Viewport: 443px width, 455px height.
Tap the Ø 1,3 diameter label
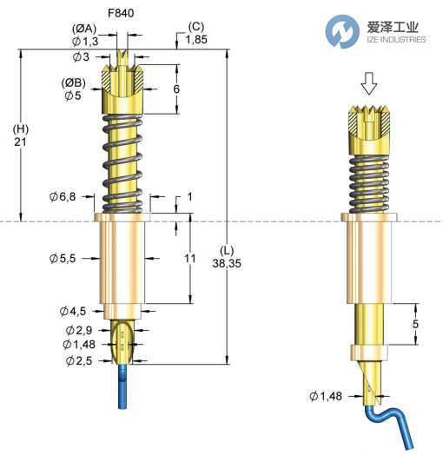86,41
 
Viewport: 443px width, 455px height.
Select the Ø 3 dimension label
83,56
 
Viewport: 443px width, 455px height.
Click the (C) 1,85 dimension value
195,41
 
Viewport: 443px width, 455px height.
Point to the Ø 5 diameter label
73,96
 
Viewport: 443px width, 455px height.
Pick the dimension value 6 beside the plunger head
176,89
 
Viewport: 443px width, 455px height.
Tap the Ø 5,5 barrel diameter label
66,258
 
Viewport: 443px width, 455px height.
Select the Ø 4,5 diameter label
73,311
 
